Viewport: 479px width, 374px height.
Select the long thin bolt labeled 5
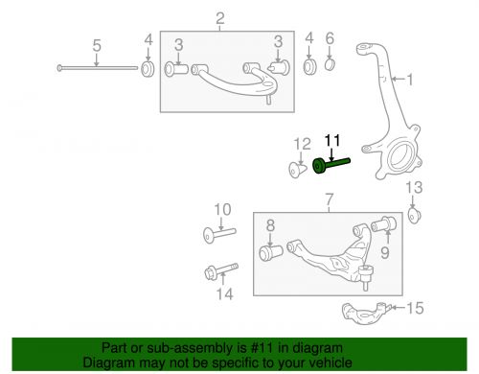click(x=96, y=67)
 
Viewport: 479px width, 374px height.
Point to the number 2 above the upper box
click(x=219, y=18)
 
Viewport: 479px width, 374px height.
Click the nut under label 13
click(x=416, y=213)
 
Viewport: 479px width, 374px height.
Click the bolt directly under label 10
click(x=219, y=232)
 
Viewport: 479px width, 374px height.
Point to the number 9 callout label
click(x=386, y=252)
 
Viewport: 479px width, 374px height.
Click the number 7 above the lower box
click(x=327, y=200)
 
